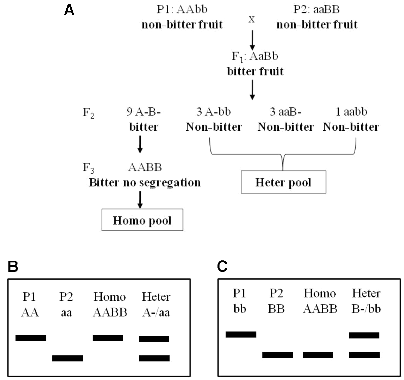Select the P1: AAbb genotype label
point(182,9)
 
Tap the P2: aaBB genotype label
point(316,9)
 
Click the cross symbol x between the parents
point(251,20)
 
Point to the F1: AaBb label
point(255,56)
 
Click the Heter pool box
point(283,182)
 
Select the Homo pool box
point(142,220)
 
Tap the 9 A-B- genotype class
point(143,112)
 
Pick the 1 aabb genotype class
point(351,112)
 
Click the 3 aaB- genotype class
point(285,112)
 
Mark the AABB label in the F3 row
point(145,167)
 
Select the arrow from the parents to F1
point(252,39)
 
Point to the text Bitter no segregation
point(145,183)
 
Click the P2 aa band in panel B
point(67,358)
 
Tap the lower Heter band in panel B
point(154,358)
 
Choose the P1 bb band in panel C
point(241,334)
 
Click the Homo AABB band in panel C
point(318,355)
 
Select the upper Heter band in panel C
point(364,335)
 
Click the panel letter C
point(222,266)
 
